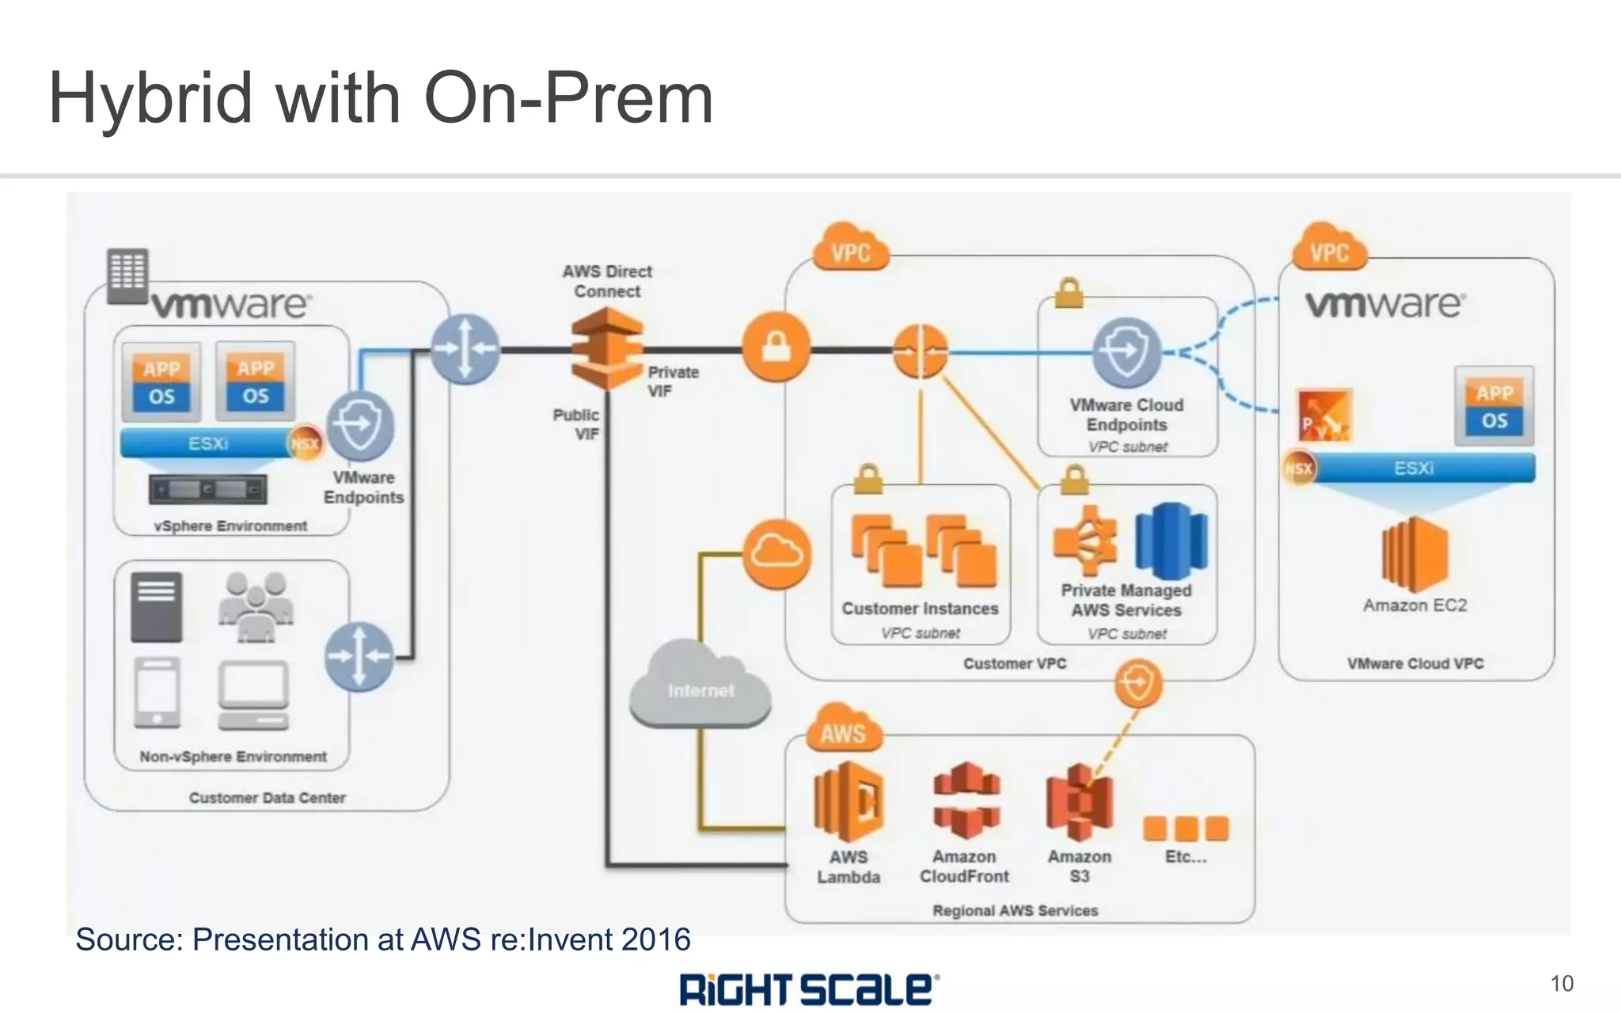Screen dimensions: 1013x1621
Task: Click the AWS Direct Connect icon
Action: (607, 348)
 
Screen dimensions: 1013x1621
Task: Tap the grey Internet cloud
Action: (700, 687)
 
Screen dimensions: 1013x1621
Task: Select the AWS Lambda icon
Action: (848, 802)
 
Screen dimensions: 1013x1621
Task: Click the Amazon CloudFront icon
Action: (966, 800)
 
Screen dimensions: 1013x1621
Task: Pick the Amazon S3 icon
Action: (1079, 802)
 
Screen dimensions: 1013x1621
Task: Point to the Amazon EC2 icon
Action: (1414, 554)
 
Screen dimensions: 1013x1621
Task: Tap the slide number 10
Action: (1561, 984)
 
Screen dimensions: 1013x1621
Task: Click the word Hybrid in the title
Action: (150, 98)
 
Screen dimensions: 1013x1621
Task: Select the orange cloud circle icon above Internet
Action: (776, 554)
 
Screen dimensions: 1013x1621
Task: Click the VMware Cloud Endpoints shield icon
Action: (1126, 352)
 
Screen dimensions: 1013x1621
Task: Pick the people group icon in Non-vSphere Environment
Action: (255, 605)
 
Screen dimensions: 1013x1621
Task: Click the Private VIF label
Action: (673, 381)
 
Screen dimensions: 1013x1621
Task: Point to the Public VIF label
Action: (576, 424)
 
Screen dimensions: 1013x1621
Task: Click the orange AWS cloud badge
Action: (843, 728)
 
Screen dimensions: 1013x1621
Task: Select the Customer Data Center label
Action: (267, 798)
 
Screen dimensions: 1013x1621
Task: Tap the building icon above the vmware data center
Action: (127, 275)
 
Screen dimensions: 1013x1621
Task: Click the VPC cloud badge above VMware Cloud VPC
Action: (1329, 249)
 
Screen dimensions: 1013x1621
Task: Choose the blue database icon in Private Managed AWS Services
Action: (1171, 541)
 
